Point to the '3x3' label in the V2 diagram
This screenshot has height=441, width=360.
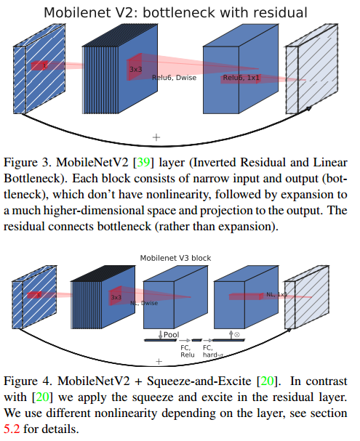pos(135,70)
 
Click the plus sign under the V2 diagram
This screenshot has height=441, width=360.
pos(156,136)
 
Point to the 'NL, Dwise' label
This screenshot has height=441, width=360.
pos(142,303)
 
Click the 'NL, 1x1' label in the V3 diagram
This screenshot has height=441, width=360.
pos(276,295)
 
